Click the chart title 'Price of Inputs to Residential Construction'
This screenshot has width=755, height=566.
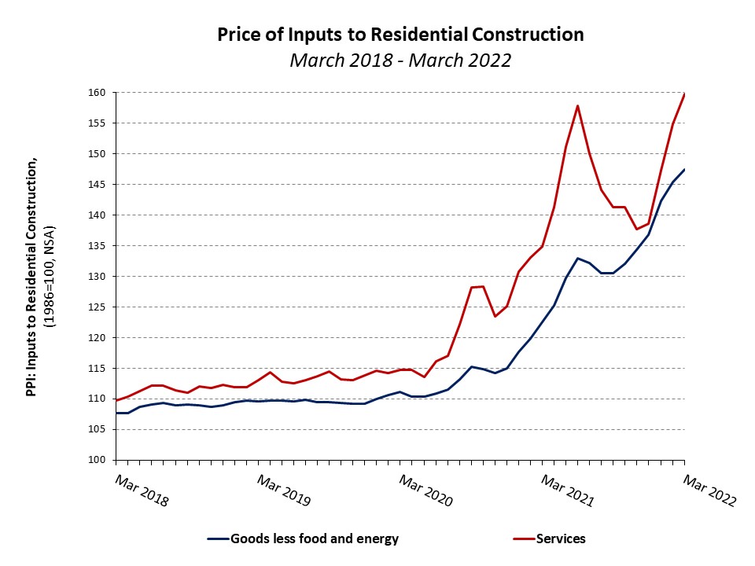pos(400,35)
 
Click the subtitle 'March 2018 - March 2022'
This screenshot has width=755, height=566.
pos(400,60)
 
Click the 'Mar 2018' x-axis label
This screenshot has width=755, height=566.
pos(142,490)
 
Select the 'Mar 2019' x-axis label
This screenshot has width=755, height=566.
pos(283,490)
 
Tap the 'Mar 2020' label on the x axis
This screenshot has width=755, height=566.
pos(425,490)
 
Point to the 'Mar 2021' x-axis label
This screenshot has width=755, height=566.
pos(567,490)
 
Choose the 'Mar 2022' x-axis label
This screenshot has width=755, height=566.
pos(709,490)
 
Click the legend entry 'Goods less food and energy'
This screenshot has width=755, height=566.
pos(314,539)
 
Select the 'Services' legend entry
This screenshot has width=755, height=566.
pos(561,539)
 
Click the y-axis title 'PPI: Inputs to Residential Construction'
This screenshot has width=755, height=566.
pos(32,275)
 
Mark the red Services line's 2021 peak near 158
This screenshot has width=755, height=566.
pos(578,105)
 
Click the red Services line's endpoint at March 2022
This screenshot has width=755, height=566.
pos(684,94)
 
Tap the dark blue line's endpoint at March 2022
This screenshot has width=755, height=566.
pos(684,170)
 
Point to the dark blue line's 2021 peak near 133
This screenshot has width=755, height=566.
pos(578,258)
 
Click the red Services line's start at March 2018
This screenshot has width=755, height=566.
pos(117,400)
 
